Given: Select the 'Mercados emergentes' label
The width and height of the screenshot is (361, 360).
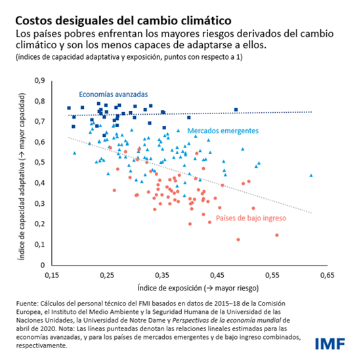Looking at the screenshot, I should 223,131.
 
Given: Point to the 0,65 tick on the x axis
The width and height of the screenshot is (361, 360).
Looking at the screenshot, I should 326,275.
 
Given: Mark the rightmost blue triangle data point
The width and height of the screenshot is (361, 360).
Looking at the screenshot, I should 310,175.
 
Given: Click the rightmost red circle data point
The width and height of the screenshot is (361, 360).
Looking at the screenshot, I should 276,235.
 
